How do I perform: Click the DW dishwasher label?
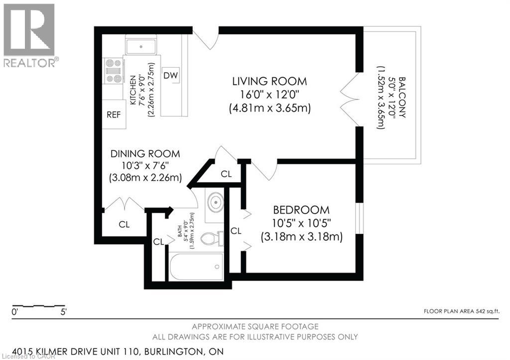tap(171, 75)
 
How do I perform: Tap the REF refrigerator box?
tap(114, 114)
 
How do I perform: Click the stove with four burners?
tap(114, 71)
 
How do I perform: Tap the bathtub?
tap(196, 267)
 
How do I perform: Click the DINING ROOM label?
tap(145, 154)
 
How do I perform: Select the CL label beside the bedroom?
tap(236, 231)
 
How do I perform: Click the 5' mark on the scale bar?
tap(63, 313)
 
